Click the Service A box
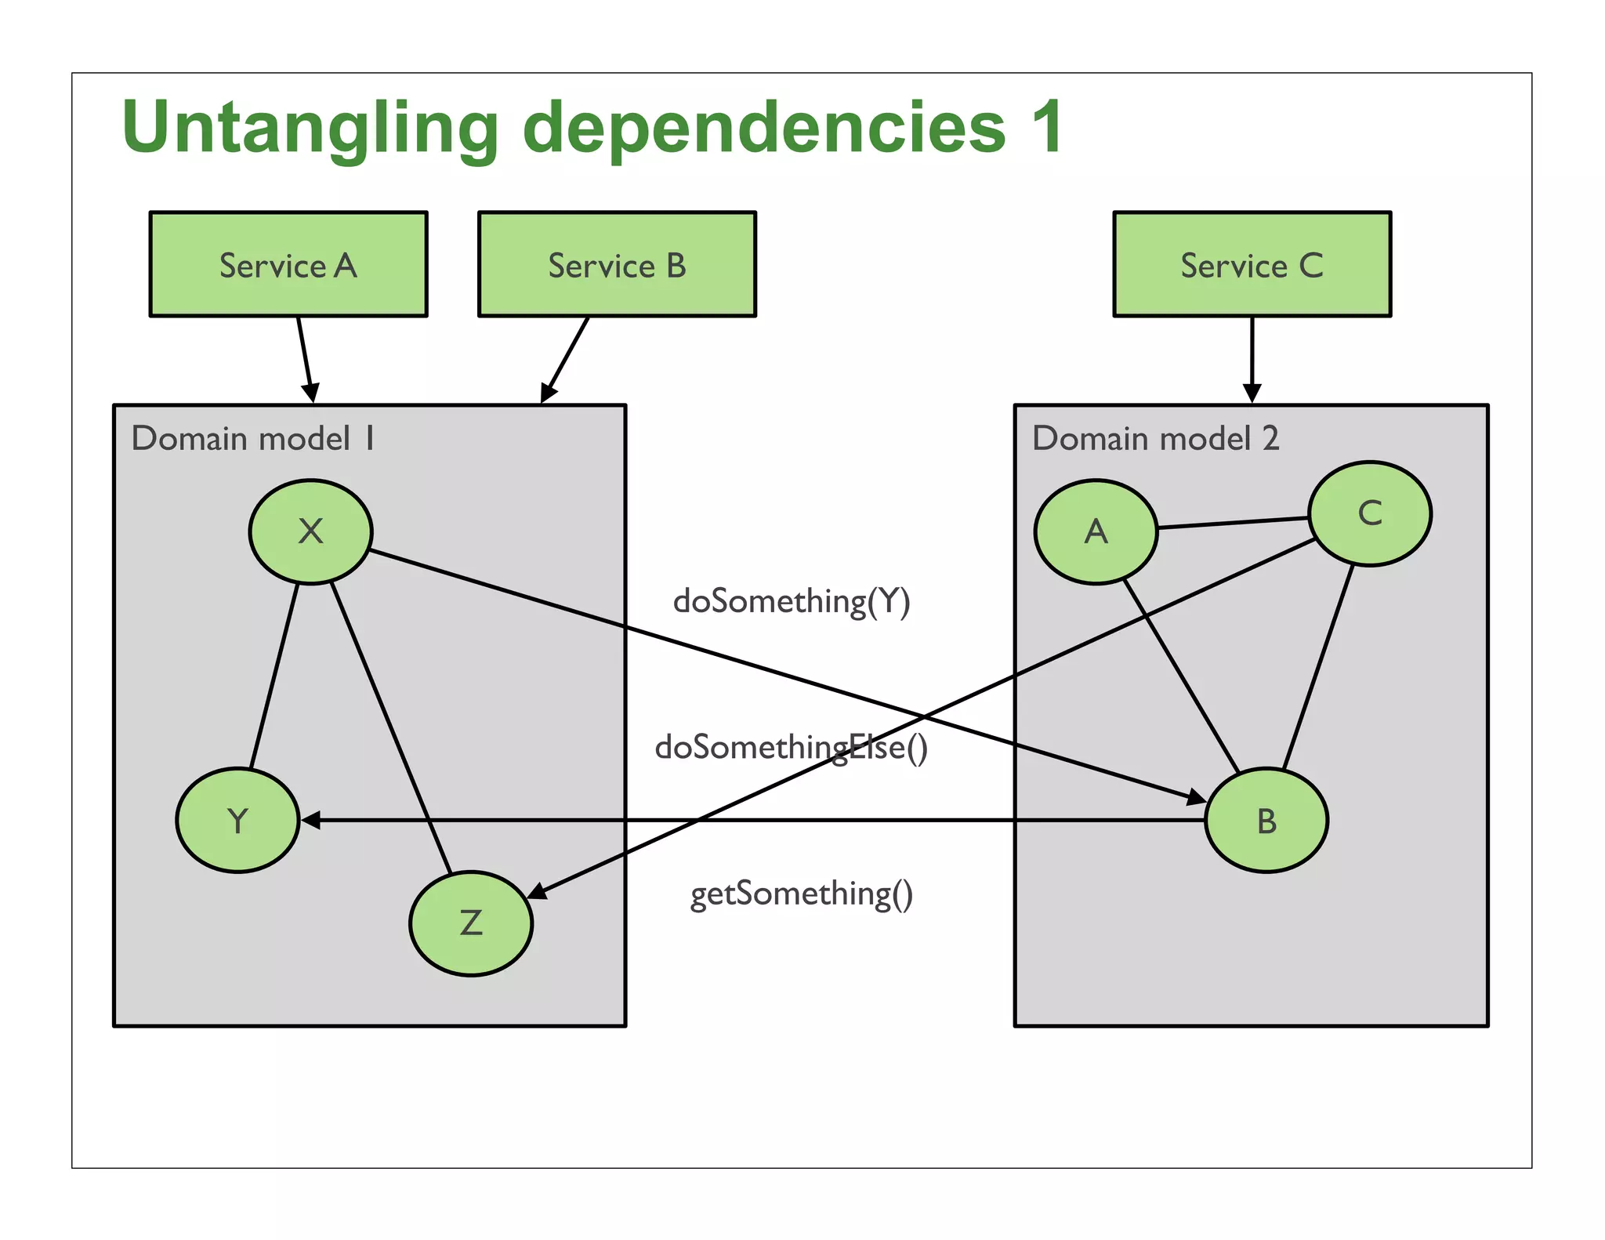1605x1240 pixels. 288,264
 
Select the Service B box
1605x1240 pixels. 617,264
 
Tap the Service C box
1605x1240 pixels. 1252,264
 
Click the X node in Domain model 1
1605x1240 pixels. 310,531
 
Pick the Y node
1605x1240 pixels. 237,820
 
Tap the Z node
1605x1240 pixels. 470,923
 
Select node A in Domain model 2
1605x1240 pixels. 1096,531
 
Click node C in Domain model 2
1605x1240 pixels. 1369,513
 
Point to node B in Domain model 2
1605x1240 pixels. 1266,820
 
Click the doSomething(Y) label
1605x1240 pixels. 792,601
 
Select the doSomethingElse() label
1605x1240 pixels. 791,747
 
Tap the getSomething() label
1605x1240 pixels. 801,894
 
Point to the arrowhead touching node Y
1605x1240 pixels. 311,820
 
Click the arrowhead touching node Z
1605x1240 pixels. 538,890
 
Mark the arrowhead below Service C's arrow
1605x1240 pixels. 1252,392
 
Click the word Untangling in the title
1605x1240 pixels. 310,128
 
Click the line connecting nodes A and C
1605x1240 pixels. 1233,523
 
